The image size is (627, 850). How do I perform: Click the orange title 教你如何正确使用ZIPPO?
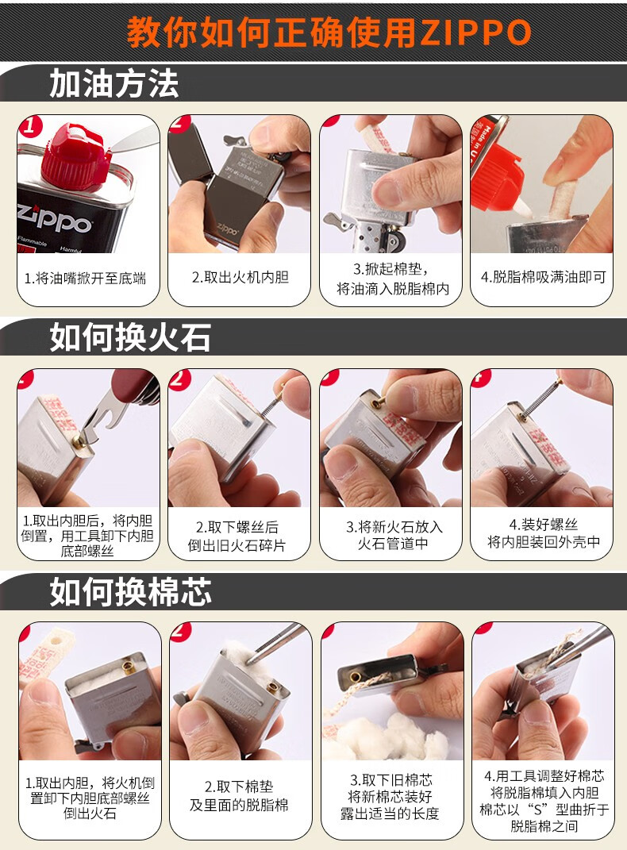tap(329, 32)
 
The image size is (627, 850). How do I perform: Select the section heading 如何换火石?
tap(130, 337)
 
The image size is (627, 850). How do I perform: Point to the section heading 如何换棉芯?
tap(130, 591)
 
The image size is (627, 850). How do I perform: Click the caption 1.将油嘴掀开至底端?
tap(86, 279)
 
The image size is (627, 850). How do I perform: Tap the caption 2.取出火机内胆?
tap(240, 277)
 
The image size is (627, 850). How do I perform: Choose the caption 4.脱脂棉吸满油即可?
tap(543, 277)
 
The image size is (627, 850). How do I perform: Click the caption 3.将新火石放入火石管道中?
tap(394, 534)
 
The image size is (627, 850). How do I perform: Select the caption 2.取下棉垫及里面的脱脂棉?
tap(239, 795)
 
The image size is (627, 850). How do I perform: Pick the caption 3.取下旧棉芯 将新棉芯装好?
tap(390, 788)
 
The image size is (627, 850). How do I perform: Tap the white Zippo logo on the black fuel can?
tap(53, 220)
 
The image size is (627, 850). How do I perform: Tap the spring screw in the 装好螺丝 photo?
tap(542, 398)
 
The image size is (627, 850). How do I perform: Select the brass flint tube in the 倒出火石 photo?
tap(129, 667)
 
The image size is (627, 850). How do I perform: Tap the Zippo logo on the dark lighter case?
tap(227, 230)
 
